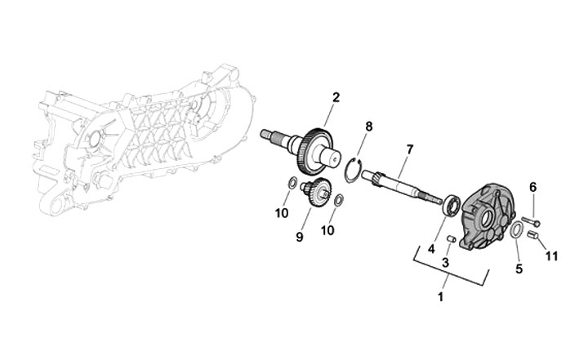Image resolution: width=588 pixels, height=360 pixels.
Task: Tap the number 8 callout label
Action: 369,127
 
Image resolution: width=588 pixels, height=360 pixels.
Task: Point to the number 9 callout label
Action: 301,237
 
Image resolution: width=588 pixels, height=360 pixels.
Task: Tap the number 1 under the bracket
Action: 442,297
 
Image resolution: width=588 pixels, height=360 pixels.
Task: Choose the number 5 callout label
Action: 518,267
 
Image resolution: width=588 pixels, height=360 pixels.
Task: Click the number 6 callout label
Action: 532,187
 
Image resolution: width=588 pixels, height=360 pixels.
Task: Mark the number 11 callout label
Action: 552,256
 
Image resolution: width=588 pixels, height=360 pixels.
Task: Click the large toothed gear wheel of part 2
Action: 312,152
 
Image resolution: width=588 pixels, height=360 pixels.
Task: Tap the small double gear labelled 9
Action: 315,196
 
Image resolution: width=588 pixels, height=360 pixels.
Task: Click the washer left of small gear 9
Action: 292,181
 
